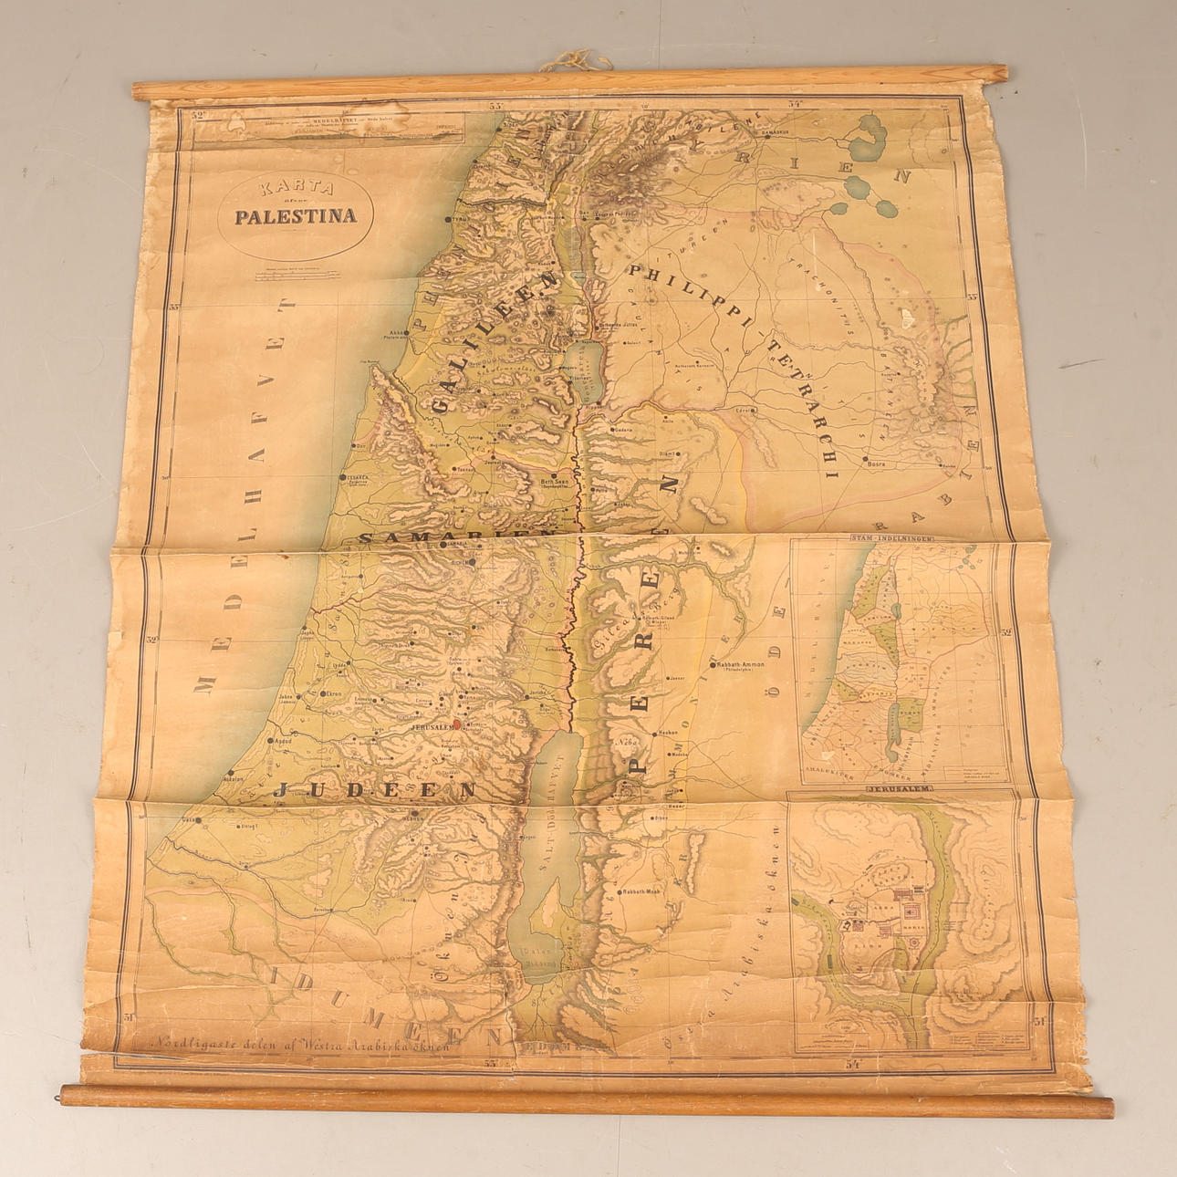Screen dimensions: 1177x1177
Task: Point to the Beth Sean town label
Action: pos(555,481)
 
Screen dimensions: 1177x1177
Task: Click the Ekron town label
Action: pos(330,694)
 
